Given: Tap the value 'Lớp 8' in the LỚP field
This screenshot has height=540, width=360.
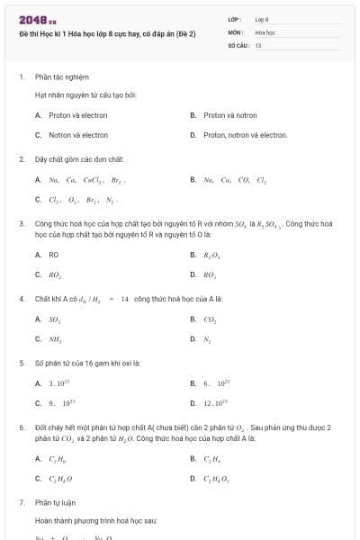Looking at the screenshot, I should pos(262,19).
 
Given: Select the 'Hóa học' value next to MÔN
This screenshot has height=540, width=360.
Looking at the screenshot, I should pos(265,31).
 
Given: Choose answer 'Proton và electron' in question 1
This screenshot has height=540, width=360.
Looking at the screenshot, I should pos(78,115).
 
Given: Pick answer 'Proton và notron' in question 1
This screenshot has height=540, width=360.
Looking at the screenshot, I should pos(230,115).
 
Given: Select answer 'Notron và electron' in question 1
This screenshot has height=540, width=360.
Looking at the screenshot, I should pos(78,135).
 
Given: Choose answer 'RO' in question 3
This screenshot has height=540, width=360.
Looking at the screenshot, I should pos(54,255).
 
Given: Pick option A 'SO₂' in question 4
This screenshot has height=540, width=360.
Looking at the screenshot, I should pos(55,319).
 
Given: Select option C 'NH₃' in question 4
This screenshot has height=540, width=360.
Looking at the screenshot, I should pos(55,339).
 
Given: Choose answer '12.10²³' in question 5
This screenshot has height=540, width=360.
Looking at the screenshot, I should pos(215,403).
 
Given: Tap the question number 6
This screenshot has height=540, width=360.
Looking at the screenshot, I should pos(21,427).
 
